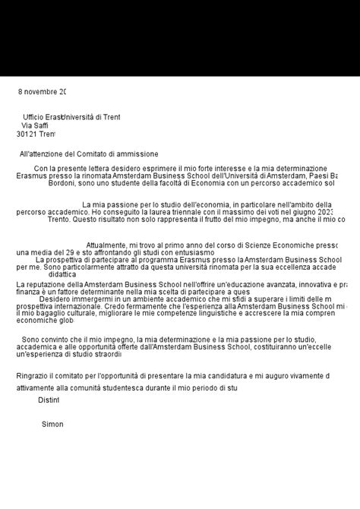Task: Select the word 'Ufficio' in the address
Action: click(35, 117)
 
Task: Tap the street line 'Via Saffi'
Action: click(35, 125)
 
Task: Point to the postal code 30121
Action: click(27, 134)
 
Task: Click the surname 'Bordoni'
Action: click(65, 183)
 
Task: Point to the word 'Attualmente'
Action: click(106, 245)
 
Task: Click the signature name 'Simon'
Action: click(52, 424)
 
